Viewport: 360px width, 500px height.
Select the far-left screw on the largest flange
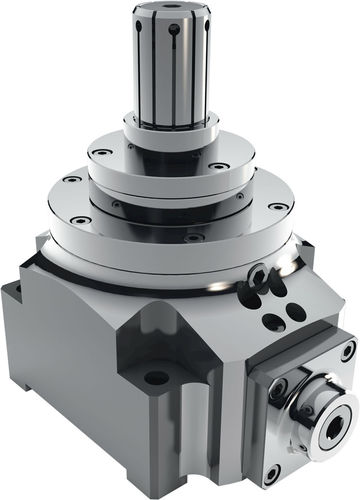click(70, 180)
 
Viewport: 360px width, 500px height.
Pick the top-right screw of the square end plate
click(346, 351)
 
